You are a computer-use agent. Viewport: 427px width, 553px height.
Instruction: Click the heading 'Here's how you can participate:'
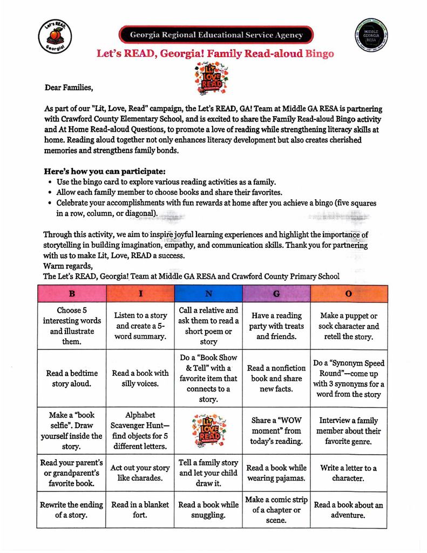[x=105, y=171]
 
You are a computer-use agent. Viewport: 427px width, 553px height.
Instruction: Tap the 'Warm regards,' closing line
[x=68, y=266]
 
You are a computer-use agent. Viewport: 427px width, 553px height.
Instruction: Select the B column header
[x=72, y=293]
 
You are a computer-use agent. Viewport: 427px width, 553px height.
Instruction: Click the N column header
[x=208, y=293]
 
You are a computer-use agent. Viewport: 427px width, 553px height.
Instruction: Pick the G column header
[x=276, y=293]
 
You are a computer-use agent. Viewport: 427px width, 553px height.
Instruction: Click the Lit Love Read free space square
[x=208, y=430]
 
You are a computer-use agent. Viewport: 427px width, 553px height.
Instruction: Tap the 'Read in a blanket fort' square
[x=140, y=510]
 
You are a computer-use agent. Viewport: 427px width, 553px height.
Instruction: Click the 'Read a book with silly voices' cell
[x=140, y=378]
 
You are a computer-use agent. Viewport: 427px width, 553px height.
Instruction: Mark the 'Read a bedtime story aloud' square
[x=72, y=378]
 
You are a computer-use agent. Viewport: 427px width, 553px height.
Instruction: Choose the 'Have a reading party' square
[x=276, y=326]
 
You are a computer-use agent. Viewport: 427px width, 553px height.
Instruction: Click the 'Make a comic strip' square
[x=276, y=510]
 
